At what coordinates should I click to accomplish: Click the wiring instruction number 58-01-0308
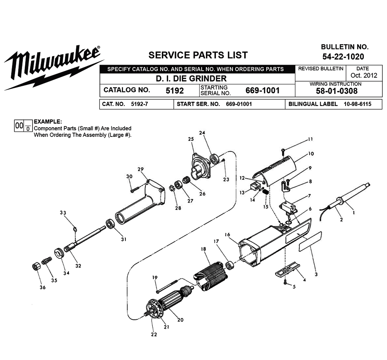(x=335, y=91)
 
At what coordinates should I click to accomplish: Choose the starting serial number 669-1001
(x=262, y=90)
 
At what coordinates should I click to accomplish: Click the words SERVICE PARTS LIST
(x=198, y=55)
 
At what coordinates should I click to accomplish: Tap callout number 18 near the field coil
(x=203, y=249)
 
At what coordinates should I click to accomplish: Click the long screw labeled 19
(x=167, y=285)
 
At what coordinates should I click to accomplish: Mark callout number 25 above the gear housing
(x=190, y=139)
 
